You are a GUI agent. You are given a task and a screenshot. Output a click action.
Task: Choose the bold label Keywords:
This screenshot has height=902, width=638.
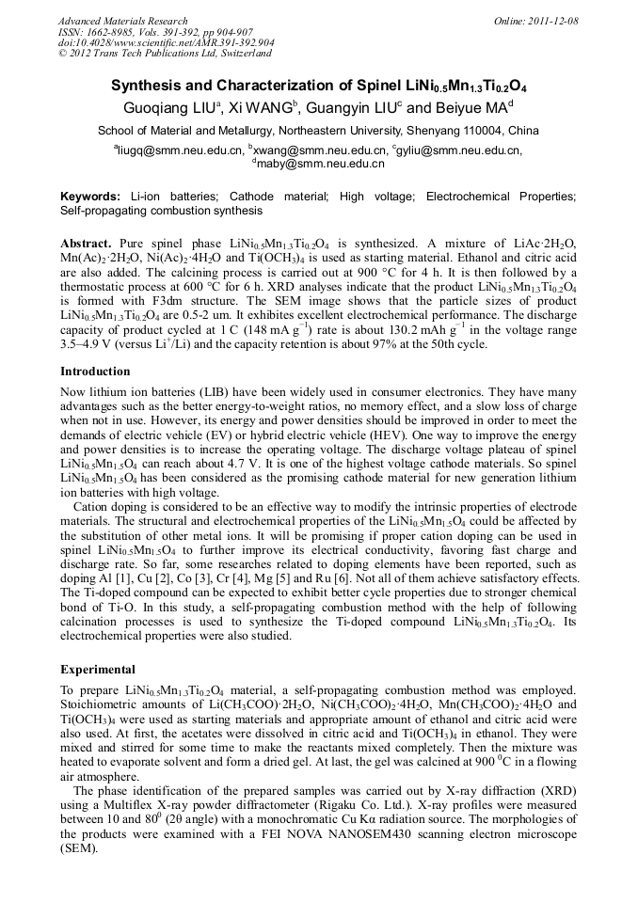coord(89,197)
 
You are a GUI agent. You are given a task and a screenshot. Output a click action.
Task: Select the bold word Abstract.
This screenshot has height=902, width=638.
coord(86,243)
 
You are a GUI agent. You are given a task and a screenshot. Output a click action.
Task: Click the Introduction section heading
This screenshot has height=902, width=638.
coord(95,372)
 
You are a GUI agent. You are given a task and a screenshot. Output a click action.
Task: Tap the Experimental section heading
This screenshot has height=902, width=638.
coord(98,670)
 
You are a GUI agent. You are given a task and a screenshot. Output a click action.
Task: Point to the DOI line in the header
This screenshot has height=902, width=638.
coord(167,43)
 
